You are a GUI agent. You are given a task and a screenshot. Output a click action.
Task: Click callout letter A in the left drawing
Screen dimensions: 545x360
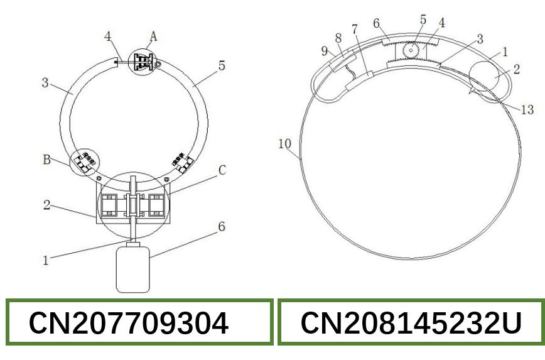pyautogui.click(x=153, y=36)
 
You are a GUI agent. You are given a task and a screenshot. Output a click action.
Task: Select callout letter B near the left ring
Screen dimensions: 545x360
pyautogui.click(x=46, y=160)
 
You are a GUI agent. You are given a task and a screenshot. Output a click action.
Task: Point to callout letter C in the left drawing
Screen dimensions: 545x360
pyautogui.click(x=222, y=170)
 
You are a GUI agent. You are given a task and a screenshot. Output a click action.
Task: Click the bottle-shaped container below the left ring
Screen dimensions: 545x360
pyautogui.click(x=132, y=268)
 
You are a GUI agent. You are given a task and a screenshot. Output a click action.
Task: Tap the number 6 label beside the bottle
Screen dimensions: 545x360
pyautogui.click(x=222, y=227)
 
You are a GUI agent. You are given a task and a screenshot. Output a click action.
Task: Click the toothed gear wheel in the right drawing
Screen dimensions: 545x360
pyautogui.click(x=411, y=50)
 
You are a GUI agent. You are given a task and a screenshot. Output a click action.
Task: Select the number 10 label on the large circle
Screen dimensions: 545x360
pyautogui.click(x=284, y=144)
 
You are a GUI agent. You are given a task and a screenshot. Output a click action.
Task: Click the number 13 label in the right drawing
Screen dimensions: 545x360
pyautogui.click(x=527, y=110)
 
